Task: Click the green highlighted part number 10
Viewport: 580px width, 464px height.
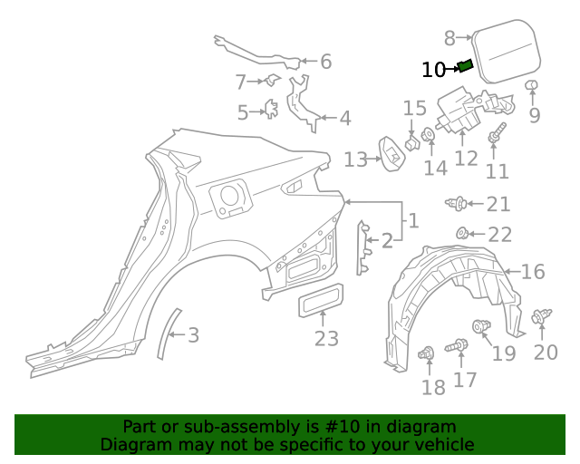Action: click(x=466, y=64)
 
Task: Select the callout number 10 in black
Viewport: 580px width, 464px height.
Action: click(x=434, y=69)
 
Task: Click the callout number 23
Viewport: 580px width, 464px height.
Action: click(x=326, y=339)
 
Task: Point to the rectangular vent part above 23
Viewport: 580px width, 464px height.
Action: click(x=322, y=300)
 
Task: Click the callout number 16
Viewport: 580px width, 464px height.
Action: click(x=533, y=271)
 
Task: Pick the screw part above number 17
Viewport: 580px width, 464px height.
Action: click(x=459, y=344)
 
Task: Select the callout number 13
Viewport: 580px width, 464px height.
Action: click(x=355, y=160)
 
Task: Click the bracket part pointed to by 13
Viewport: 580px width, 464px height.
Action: click(x=391, y=152)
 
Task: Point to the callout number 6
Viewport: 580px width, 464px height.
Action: click(x=325, y=62)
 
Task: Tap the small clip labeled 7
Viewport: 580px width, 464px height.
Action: click(x=270, y=82)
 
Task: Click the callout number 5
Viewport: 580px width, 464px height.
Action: click(x=242, y=112)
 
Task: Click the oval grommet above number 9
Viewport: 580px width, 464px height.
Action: click(x=533, y=86)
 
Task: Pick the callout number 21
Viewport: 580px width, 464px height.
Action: click(x=498, y=205)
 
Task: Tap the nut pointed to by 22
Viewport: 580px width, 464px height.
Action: click(x=462, y=233)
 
